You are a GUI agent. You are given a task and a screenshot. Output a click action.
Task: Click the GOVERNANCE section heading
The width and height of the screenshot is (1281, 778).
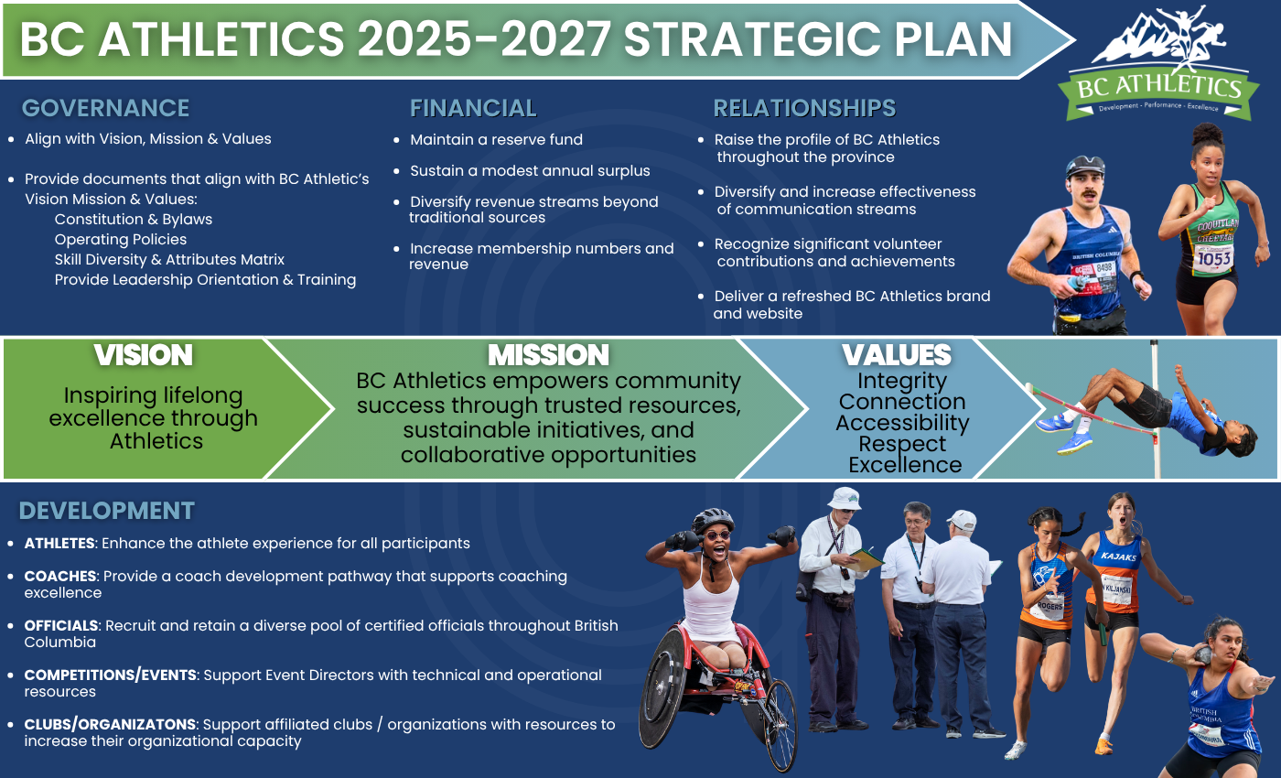point(105,108)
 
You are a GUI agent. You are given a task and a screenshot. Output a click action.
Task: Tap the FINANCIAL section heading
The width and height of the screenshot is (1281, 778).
point(473,108)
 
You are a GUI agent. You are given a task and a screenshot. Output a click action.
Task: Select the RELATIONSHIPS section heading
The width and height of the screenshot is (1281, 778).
point(804,108)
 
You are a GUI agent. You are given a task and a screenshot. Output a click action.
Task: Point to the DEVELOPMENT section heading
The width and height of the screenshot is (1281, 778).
point(106,511)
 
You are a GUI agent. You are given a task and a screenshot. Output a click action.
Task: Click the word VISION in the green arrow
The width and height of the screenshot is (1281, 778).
point(143,355)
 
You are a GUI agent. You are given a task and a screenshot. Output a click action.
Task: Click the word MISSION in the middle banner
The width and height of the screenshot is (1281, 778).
point(548,355)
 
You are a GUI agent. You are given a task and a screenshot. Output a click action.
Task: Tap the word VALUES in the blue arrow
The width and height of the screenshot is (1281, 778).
point(896,355)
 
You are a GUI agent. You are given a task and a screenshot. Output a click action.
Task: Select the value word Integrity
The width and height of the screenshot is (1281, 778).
point(902,382)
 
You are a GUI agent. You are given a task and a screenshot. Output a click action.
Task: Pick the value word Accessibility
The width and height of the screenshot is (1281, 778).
point(902,423)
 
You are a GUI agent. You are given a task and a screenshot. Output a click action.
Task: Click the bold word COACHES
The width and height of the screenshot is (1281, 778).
point(60,576)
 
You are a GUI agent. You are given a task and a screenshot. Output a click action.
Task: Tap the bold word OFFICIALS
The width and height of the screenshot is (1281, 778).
point(61,625)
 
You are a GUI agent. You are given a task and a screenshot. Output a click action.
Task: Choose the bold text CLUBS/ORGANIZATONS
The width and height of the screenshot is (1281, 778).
point(110,724)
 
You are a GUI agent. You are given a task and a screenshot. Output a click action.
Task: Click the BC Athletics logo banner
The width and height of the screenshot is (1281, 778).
point(1158,92)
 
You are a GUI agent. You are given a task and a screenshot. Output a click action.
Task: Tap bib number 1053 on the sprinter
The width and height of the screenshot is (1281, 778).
point(1214,259)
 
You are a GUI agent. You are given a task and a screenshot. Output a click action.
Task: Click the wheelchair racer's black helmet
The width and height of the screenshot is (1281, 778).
point(712,520)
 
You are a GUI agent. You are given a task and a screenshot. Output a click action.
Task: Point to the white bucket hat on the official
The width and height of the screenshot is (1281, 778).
point(844,498)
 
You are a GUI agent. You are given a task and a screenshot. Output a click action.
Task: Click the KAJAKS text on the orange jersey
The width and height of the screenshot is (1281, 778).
point(1118,556)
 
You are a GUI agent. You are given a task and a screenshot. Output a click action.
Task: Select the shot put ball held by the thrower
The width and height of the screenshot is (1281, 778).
point(1205,654)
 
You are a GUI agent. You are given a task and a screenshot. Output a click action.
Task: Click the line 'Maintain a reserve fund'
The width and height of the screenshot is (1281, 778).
point(496,139)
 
